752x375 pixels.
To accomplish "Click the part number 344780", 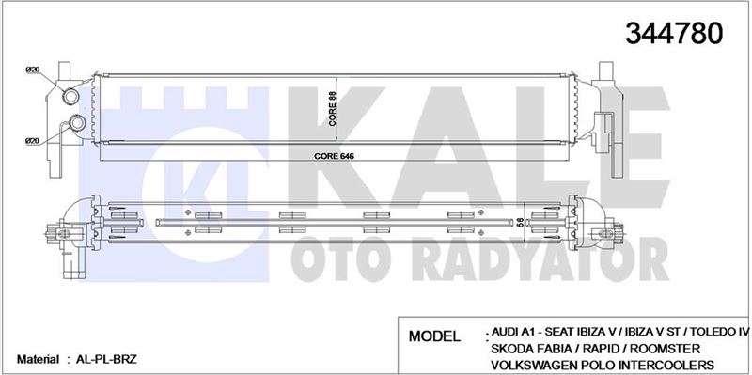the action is coord(673,34).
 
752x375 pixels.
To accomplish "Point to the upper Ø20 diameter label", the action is coord(32,70).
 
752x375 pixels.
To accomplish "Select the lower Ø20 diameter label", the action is coord(32,140).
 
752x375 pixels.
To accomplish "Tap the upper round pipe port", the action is coord(70,97).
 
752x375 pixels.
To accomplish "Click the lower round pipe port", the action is coord(77,123).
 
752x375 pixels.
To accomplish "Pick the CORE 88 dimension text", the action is coord(332,108).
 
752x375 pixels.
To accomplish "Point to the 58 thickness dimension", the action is coord(519,222).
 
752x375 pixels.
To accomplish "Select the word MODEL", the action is coord(434,336).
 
